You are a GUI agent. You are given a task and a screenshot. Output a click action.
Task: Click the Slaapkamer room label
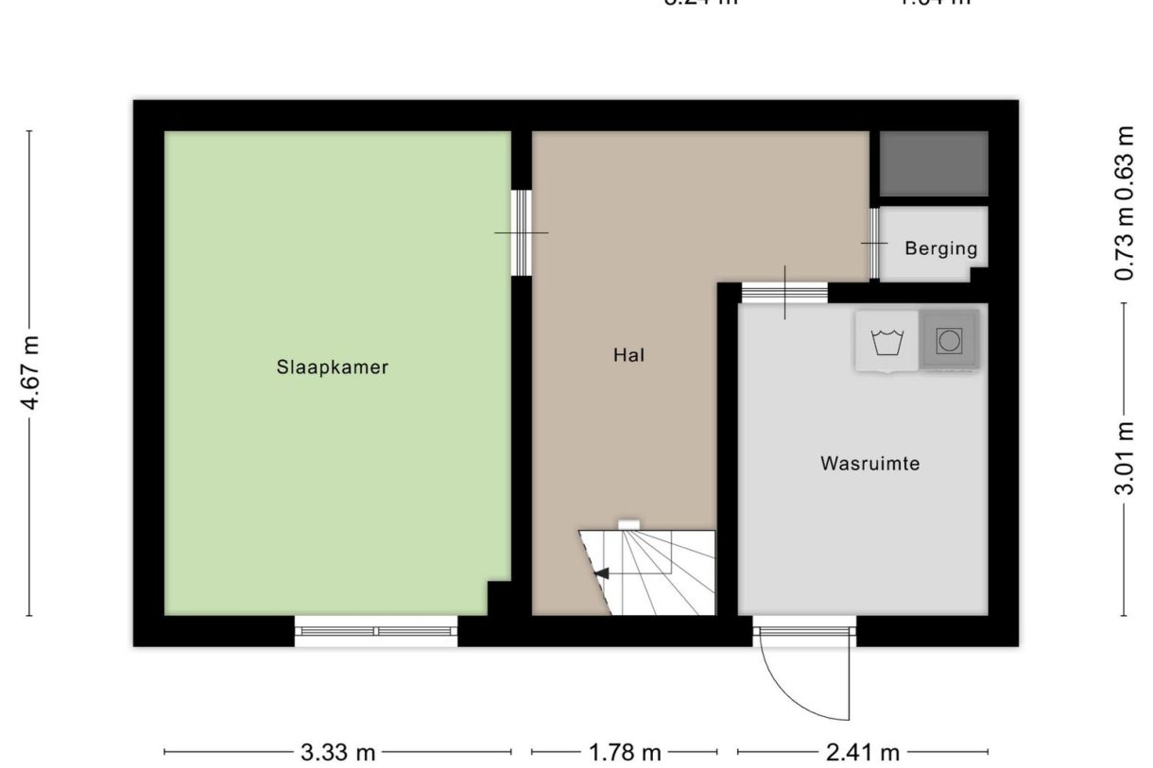[x=332, y=367]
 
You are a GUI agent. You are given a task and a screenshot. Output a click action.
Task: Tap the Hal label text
[x=628, y=356]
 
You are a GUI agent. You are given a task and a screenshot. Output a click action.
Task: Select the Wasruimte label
[x=869, y=464]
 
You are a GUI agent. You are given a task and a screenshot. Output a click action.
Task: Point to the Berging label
[x=940, y=249]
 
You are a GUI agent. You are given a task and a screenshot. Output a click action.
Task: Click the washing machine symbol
[x=886, y=341]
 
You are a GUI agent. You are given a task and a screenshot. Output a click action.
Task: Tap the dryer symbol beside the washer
[x=949, y=340]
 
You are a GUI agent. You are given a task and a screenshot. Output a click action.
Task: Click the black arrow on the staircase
[x=600, y=572]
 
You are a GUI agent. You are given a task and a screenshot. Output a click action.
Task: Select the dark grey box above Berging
[x=934, y=163]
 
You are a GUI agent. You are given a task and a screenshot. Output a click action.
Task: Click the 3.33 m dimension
[x=337, y=753]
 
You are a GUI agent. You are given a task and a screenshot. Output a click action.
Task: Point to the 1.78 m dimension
[x=625, y=753]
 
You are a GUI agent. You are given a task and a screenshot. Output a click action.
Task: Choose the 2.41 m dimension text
[x=863, y=753]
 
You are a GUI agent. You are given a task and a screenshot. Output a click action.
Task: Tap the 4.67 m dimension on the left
[x=31, y=373]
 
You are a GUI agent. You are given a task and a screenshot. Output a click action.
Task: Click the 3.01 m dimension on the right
[x=1124, y=459]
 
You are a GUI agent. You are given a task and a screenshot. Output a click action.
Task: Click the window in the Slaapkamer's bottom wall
[x=376, y=631]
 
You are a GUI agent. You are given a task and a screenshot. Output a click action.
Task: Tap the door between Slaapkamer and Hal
[x=521, y=232]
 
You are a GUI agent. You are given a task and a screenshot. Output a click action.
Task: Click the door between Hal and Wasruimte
[x=784, y=293]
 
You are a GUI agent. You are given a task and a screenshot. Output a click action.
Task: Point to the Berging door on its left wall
[x=874, y=244]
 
